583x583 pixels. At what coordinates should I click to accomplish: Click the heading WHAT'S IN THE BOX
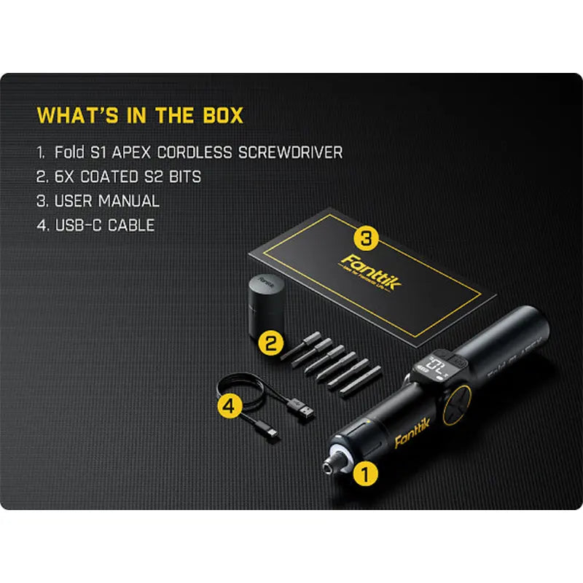click(140, 116)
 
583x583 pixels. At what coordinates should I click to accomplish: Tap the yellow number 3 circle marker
click(367, 237)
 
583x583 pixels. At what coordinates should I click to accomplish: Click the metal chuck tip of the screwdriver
click(334, 461)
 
